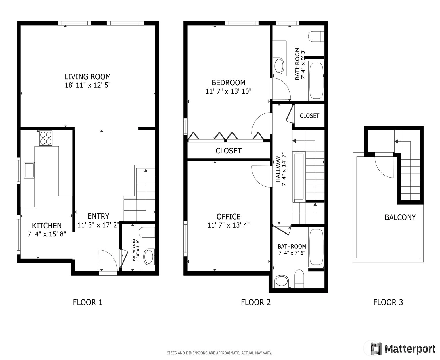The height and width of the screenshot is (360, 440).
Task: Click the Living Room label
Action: point(88,77)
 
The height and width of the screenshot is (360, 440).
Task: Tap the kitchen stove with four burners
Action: point(46,138)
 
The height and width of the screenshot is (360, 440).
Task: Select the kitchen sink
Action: point(29,170)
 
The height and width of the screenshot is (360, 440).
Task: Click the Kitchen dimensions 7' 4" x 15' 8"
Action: point(47,234)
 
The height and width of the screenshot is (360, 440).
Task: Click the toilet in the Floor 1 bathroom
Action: point(147,232)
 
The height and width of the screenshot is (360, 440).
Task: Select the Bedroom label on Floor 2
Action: point(228,83)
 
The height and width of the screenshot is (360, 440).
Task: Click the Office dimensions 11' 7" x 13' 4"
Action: point(228,225)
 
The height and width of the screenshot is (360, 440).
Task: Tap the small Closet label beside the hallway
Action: point(309,116)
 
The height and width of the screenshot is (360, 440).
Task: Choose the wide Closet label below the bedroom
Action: point(228,151)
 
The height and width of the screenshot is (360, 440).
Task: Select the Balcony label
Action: point(400,217)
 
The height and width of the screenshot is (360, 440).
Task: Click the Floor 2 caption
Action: point(256,302)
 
